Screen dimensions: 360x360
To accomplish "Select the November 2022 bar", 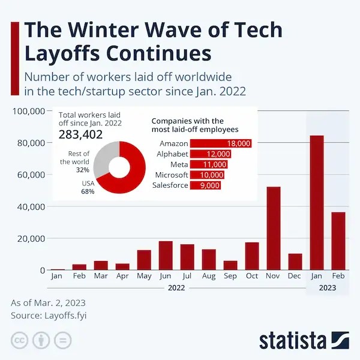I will click(x=273, y=229).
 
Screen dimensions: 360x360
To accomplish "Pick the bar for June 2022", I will click(x=166, y=256).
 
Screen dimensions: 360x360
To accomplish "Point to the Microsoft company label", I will click(x=172, y=175).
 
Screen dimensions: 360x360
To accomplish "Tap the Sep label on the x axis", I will click(x=230, y=277).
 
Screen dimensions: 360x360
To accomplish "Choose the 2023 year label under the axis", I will click(x=327, y=288).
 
